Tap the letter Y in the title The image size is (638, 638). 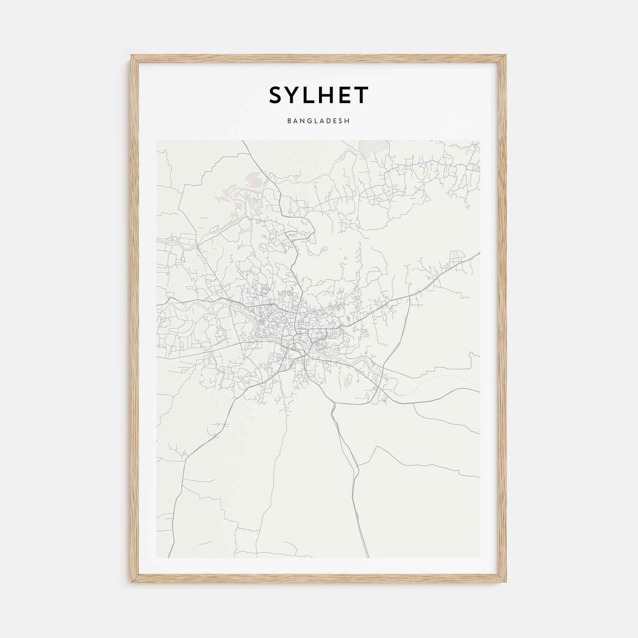point(295,95)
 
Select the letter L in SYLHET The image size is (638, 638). point(312,95)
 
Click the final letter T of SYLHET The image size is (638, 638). point(363,95)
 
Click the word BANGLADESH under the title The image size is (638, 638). point(318,121)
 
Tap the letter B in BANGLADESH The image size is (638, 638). point(289,121)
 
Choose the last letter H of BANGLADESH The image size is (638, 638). point(347,121)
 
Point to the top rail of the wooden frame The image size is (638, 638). point(319,59)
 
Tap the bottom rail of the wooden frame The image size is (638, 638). point(319,579)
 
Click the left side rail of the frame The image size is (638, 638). point(135,319)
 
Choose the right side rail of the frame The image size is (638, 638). point(502,319)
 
